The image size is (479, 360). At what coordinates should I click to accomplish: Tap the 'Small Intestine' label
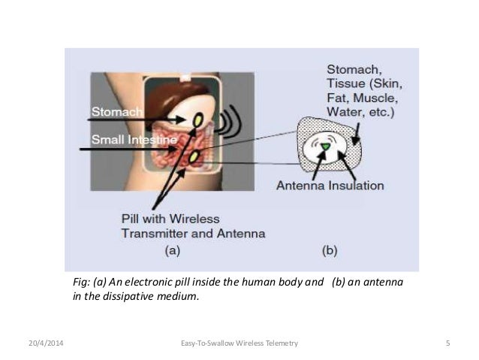coord(134,140)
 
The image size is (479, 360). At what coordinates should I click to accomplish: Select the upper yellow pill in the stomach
coord(197,118)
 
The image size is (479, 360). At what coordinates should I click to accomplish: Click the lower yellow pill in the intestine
coord(194,156)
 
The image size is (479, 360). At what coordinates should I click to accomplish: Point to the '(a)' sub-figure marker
coord(171,252)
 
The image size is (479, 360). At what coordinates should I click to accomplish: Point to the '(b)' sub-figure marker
coord(330,252)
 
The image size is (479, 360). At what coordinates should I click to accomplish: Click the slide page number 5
coord(447,343)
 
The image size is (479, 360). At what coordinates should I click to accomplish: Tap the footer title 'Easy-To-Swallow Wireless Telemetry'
coord(239,343)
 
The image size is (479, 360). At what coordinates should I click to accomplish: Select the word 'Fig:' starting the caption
coord(80,282)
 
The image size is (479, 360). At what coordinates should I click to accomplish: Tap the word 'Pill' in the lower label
coord(131,219)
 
